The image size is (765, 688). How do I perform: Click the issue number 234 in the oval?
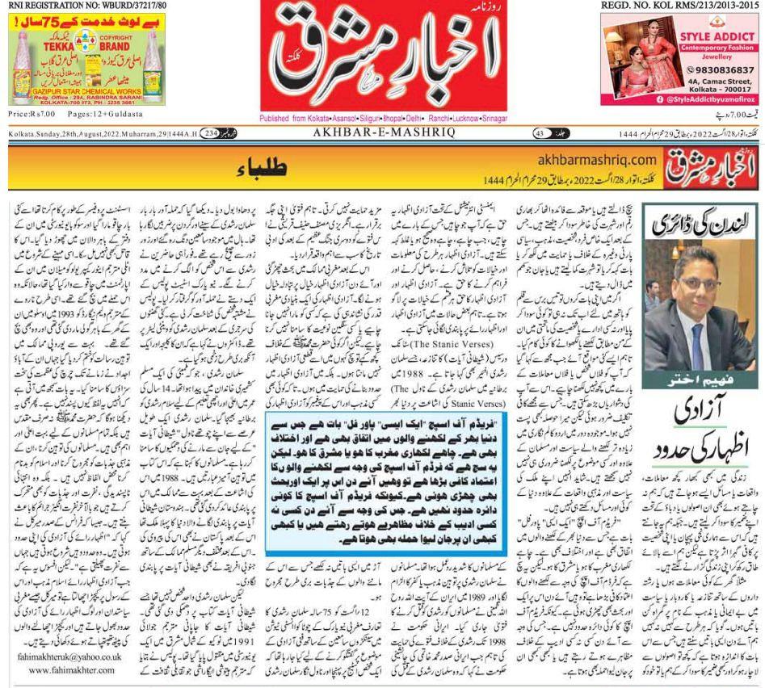pyautogui.click(x=210, y=133)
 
